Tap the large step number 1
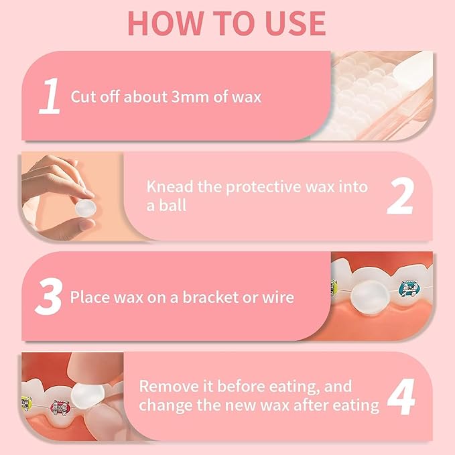tap(50, 96)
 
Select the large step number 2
tap(399, 196)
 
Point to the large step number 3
tap(48, 296)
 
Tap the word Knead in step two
tap(168, 187)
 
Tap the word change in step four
tap(164, 405)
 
